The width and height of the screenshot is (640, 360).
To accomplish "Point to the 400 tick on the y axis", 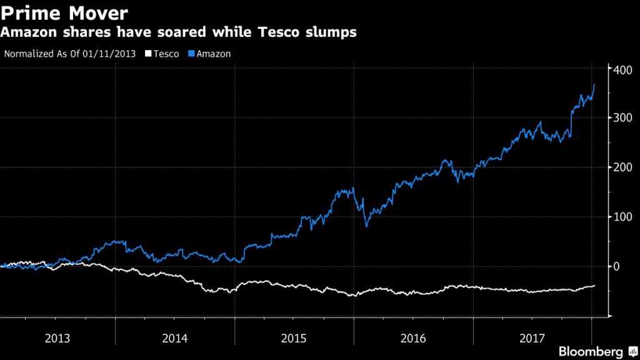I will point(622,69).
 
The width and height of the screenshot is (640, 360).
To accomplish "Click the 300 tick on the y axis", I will point(622,118).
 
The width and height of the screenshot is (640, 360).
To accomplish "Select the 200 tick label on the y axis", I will point(622,167).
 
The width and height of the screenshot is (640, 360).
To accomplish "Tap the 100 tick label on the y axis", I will point(622,217).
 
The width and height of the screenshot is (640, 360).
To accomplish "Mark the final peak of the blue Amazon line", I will point(594,84).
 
